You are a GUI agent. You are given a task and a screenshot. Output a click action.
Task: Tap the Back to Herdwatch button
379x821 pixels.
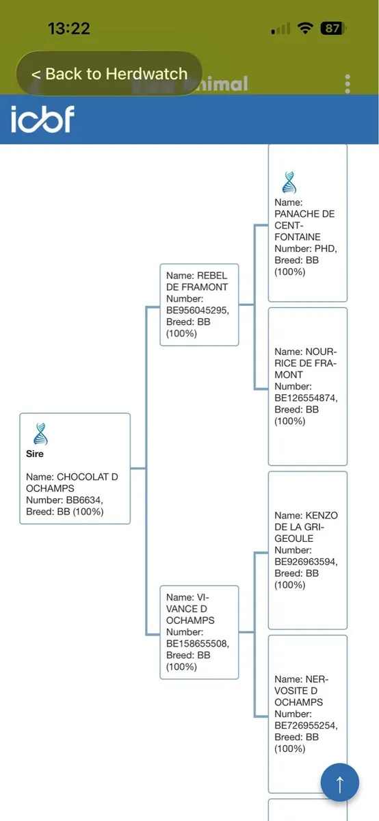[x=109, y=74]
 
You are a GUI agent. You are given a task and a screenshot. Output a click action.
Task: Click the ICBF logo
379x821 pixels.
[x=42, y=119]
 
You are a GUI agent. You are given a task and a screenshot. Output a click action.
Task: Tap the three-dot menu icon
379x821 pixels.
[x=348, y=84]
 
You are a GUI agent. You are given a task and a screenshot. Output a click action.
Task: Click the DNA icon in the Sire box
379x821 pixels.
[x=40, y=434]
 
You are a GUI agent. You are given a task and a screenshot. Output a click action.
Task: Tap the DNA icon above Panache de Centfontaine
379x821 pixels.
[x=289, y=182]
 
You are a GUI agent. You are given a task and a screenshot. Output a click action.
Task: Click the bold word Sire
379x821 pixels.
[x=35, y=454]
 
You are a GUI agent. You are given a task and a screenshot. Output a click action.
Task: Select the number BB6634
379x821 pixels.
[x=84, y=500]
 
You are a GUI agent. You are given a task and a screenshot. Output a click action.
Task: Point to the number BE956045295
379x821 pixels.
[x=198, y=310]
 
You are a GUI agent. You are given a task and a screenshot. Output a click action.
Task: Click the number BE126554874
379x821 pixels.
[x=306, y=398]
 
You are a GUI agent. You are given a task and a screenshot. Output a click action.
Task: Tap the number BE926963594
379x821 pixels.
[x=306, y=562]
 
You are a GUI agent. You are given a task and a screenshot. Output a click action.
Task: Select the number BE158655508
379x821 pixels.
[x=198, y=643]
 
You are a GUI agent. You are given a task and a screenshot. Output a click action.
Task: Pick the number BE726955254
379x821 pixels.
[x=306, y=725]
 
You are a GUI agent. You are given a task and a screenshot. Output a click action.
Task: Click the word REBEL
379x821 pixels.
[x=212, y=275]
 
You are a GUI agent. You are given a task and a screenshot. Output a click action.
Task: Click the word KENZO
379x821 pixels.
[x=322, y=515]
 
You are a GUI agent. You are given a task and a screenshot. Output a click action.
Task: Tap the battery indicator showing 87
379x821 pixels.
[x=332, y=28]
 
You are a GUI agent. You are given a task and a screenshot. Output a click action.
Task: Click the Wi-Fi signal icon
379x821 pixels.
[x=305, y=28]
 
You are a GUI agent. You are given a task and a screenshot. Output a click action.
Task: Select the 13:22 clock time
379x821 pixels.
[x=69, y=29]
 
